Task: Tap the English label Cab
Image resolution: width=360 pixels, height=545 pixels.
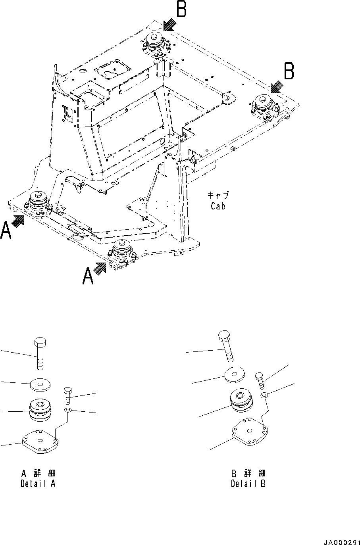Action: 218,206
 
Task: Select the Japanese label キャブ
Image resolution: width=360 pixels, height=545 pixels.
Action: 218,195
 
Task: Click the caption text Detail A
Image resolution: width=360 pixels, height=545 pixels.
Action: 38,484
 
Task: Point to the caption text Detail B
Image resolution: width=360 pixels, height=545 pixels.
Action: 248,484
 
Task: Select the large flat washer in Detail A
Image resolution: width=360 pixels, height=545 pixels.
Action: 40,384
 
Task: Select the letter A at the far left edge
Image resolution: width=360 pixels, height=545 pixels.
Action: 6,231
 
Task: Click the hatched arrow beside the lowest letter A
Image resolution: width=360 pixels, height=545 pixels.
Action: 101,269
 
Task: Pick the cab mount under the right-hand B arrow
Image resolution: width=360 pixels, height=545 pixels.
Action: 263,106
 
